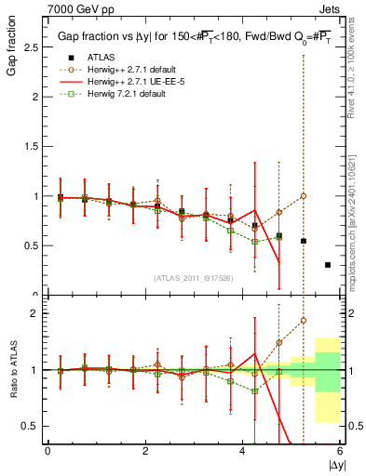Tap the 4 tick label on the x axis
243,451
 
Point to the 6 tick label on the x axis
341,451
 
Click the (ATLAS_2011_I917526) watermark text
194,278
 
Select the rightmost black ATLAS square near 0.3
328,265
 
